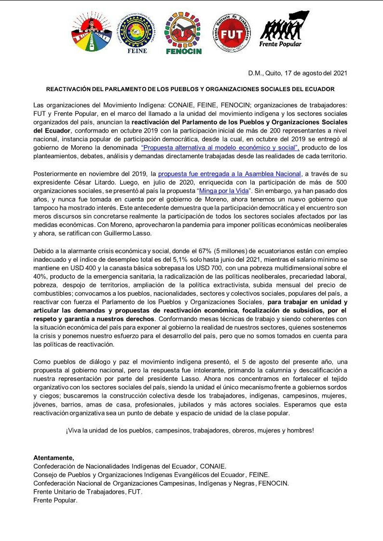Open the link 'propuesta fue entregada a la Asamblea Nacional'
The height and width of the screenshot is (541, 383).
pos(230,174)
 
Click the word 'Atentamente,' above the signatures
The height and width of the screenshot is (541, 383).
pos(54,458)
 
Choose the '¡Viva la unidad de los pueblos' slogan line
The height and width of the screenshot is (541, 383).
pos(190,430)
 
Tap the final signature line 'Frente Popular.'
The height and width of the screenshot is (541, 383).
pos(55,500)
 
